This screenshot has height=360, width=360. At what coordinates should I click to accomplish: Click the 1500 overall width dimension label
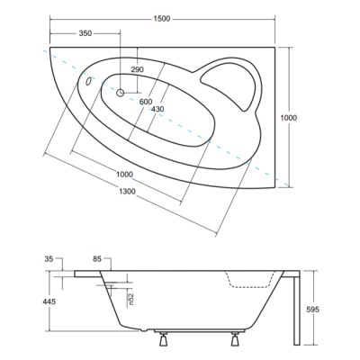tap(162, 19)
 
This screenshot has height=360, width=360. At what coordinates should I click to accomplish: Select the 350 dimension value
tap(85, 33)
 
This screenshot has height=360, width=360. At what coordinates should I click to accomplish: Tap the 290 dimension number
tap(138, 69)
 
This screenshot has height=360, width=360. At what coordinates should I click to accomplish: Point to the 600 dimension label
tap(146, 102)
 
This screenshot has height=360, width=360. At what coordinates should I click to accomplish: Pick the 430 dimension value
tap(157, 109)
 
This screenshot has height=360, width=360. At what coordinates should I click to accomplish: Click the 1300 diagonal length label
tap(127, 191)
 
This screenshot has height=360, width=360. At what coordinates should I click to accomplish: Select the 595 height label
tap(313, 310)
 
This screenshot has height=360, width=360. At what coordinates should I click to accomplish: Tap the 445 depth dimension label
tap(49, 301)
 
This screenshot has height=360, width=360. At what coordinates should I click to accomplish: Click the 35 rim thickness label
tap(49, 258)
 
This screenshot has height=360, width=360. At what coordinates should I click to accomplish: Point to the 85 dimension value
tap(97, 258)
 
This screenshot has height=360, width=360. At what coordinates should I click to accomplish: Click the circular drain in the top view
tap(121, 93)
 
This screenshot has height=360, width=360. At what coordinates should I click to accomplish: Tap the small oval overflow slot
tap(88, 81)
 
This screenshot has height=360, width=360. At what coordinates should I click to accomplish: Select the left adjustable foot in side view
tap(163, 339)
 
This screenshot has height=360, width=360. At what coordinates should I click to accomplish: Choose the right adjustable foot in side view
tap(235, 339)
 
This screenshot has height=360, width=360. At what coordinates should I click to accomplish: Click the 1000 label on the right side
tap(288, 118)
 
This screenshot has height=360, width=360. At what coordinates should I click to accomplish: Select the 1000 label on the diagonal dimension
tap(124, 174)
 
